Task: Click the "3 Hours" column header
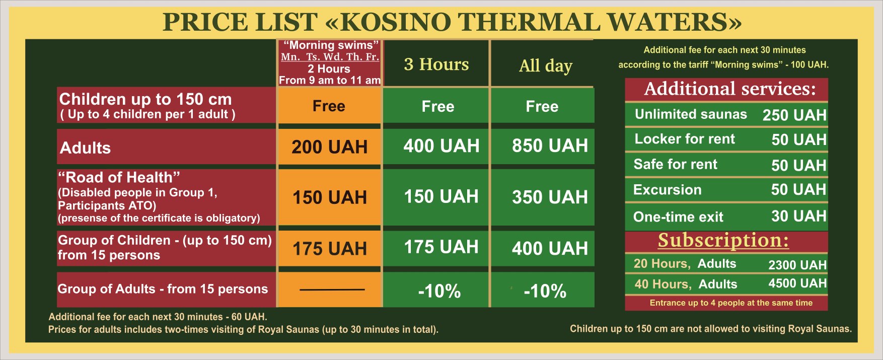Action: [x=436, y=64]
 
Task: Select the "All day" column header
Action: [x=546, y=65]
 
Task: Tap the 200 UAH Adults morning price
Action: [x=330, y=147]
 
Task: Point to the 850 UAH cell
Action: [x=550, y=146]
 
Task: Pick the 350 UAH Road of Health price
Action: [x=550, y=197]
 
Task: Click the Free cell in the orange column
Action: [x=329, y=106]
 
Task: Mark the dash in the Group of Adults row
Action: [x=332, y=290]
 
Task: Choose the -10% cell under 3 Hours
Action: [x=439, y=291]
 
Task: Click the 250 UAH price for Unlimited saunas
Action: [x=794, y=115]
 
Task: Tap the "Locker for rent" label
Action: [x=685, y=139]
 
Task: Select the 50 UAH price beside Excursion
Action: [x=799, y=190]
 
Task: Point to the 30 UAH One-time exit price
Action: [x=799, y=217]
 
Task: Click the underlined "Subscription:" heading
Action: [x=723, y=240]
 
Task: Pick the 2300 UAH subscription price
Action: [x=797, y=265]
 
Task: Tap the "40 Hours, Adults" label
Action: [x=686, y=284]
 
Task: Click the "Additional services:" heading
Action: [x=730, y=89]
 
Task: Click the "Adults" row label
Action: [x=85, y=148]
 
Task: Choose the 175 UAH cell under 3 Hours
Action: [x=441, y=247]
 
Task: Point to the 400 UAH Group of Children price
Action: [x=550, y=248]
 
